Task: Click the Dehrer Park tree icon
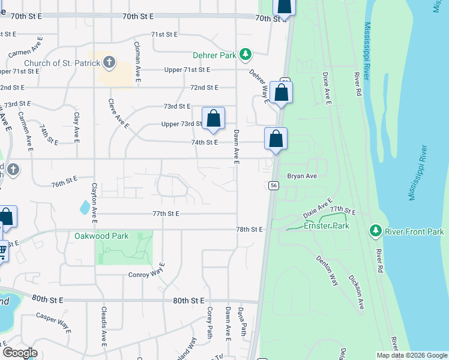pyautogui.click(x=245, y=55)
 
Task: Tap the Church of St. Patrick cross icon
pyautogui.click(x=109, y=62)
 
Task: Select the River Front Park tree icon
pyautogui.click(x=376, y=230)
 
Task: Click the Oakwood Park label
pyautogui.click(x=101, y=236)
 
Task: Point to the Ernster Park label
pyautogui.click(x=326, y=226)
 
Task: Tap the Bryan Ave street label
pyautogui.click(x=301, y=176)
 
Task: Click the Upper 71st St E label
pyautogui.click(x=188, y=70)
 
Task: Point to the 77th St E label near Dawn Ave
pyautogui.click(x=166, y=214)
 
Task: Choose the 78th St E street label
pyautogui.click(x=250, y=229)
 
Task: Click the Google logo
pyautogui.click(x=20, y=352)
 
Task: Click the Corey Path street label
pyautogui.click(x=209, y=322)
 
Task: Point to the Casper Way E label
pyautogui.click(x=53, y=322)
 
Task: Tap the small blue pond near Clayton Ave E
pyautogui.click(x=85, y=208)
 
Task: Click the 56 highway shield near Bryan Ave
pyautogui.click(x=273, y=186)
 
